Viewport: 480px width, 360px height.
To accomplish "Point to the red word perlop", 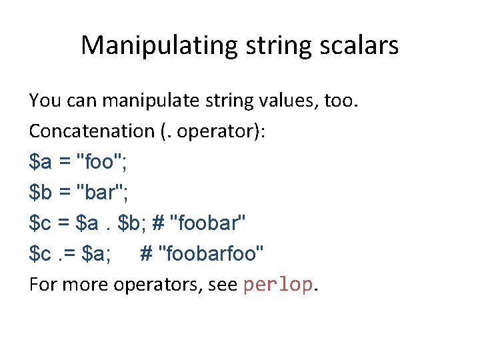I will click(277, 285).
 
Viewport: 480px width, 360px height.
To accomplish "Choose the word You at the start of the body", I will click(44, 101).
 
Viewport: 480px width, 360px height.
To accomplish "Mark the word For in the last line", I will click(41, 285).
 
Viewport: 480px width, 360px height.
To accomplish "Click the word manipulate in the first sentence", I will click(145, 101).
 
